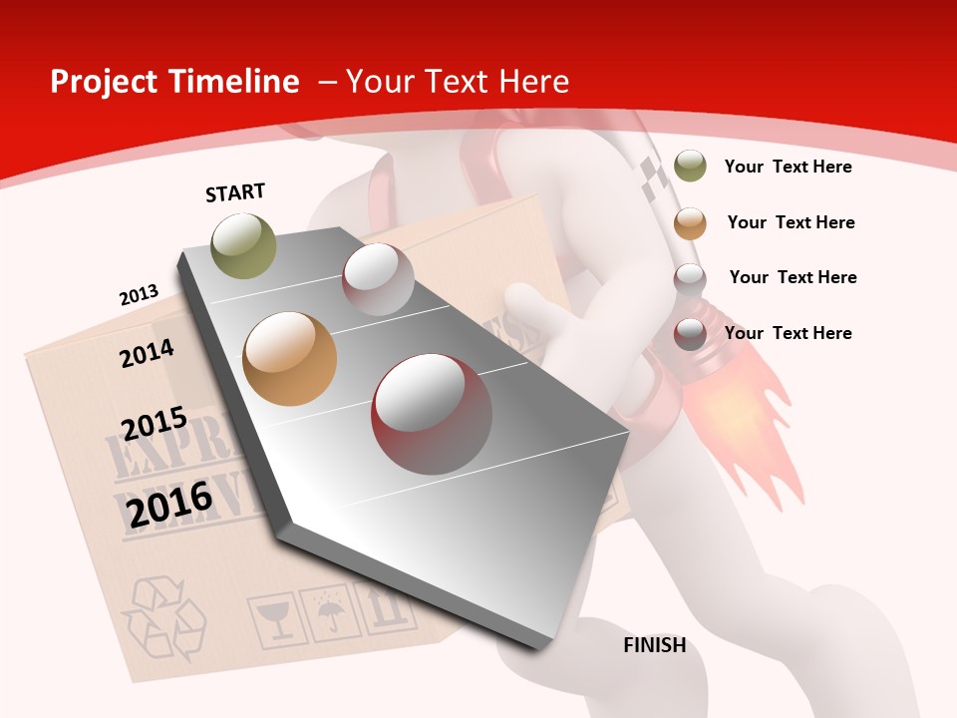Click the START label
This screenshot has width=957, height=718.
[x=235, y=192]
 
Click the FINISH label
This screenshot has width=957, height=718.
[x=654, y=645]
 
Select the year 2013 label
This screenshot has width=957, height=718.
[x=139, y=295]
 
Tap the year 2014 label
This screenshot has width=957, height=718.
[x=147, y=353]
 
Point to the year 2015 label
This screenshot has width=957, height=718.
[x=155, y=424]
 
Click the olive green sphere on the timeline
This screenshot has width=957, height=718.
[x=243, y=245]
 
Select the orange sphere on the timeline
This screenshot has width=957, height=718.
[x=289, y=358]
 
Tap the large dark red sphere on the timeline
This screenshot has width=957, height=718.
[x=432, y=414]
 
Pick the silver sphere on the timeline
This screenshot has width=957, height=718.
[x=378, y=278]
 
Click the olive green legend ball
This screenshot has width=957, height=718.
[x=690, y=167]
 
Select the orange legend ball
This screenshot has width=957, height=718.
[x=690, y=223]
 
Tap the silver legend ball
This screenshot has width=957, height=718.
[x=690, y=278]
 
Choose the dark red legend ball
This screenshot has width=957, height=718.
[x=690, y=334]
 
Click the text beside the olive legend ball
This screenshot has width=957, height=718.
[x=788, y=167]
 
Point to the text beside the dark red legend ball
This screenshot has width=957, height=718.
[x=788, y=333]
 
